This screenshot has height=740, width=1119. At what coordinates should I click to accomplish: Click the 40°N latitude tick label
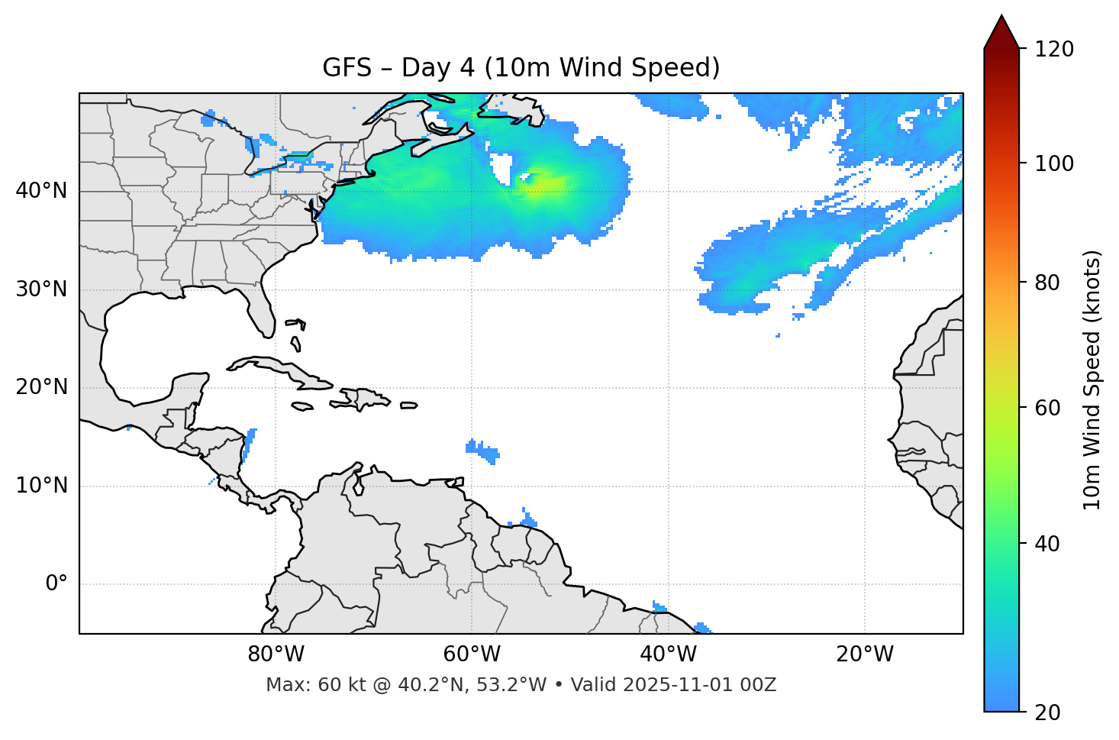41,190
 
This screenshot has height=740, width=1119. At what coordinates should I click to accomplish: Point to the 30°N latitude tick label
41,289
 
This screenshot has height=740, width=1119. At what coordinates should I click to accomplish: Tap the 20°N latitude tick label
41,387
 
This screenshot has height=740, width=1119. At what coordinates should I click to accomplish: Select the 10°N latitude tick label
41,486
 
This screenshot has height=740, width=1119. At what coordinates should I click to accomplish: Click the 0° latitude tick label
56,584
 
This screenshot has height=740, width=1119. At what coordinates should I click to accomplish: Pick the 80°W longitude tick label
276,654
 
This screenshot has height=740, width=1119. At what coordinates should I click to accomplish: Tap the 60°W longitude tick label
472,654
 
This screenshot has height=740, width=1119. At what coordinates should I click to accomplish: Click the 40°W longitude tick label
669,654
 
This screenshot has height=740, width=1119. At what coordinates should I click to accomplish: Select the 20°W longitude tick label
865,654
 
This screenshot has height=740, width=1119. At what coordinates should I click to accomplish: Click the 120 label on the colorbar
1054,49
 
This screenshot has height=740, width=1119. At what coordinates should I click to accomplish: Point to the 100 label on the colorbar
1054,163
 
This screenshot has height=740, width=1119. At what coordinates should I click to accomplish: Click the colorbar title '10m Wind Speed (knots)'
1092,380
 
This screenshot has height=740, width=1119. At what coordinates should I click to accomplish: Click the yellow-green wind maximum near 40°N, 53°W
539,184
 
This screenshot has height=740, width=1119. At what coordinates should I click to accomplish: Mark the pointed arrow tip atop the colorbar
1001,17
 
